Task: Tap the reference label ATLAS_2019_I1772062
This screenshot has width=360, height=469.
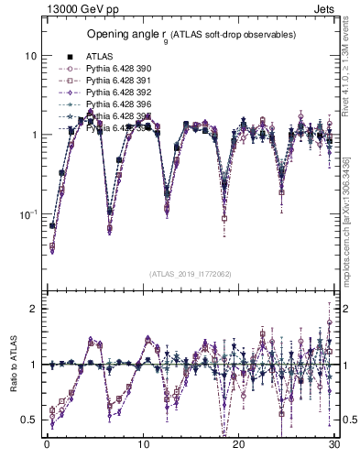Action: click(x=191, y=274)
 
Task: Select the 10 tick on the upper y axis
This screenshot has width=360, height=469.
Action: click(x=29, y=55)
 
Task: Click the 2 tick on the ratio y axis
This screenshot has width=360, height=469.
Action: click(x=33, y=309)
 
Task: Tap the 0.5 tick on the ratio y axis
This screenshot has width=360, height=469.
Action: click(x=29, y=420)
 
